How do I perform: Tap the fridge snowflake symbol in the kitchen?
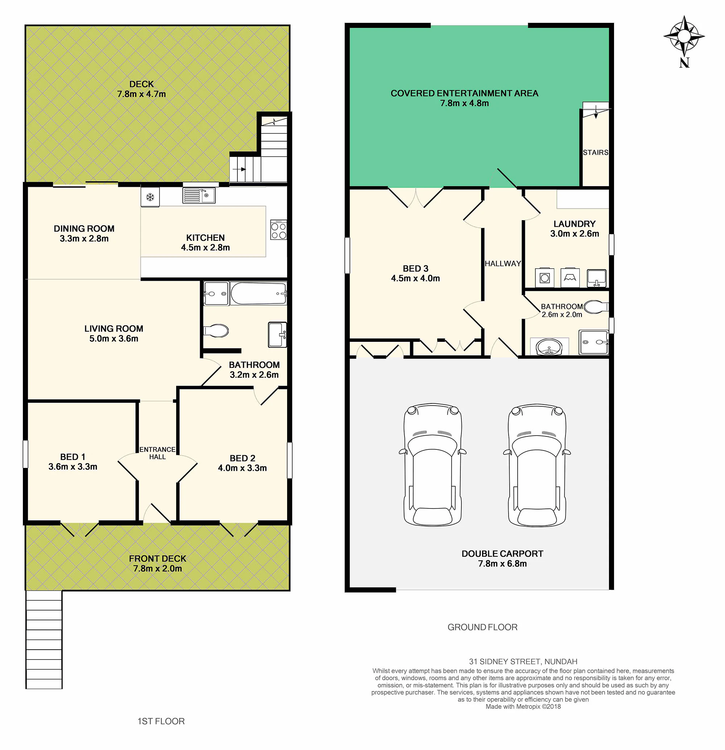150,197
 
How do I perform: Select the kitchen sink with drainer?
199,196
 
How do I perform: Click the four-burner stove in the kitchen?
278,230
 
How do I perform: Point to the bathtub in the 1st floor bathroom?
258,293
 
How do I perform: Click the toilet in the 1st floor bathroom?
216,331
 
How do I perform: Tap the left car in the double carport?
432,465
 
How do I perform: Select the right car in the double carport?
537,465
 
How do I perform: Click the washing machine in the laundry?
544,277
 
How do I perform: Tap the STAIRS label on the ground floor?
596,153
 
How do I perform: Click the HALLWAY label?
503,264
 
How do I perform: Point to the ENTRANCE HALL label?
157,453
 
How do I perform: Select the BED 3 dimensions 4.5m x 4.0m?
415,278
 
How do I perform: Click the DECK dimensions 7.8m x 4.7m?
141,94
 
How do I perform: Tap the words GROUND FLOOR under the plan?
482,627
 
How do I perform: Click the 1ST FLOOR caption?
161,721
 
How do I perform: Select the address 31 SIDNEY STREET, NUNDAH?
523,662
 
